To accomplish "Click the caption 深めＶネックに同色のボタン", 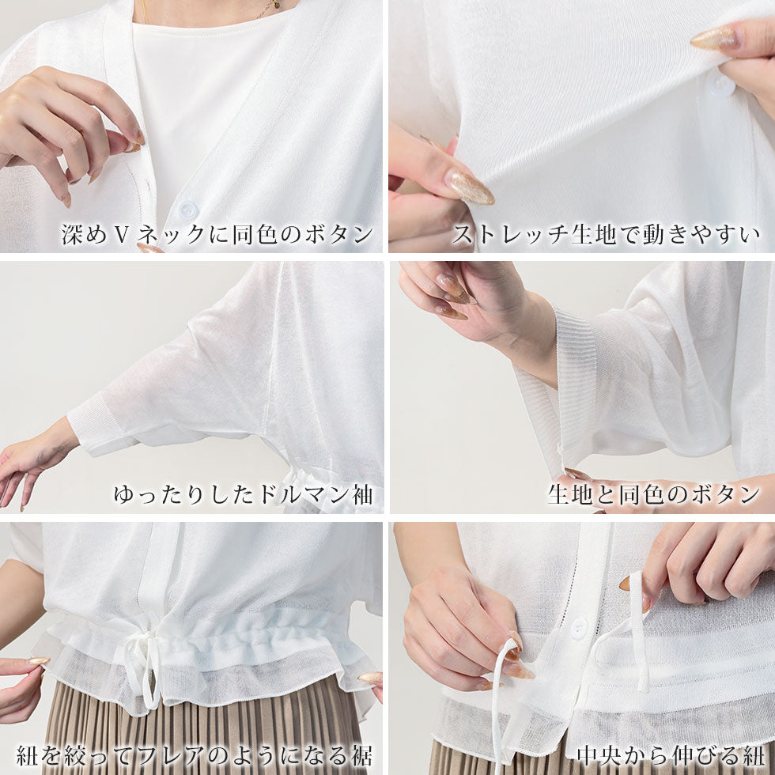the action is pyautogui.click(x=217, y=234).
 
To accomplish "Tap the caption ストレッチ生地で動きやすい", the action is pyautogui.click(x=606, y=234).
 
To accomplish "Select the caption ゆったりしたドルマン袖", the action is pyautogui.click(x=244, y=494).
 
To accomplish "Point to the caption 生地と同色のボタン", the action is pyautogui.click(x=653, y=494).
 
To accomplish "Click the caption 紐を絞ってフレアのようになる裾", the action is pyautogui.click(x=195, y=755).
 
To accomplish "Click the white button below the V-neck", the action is pyautogui.click(x=187, y=210).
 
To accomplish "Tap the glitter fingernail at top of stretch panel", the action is pyautogui.click(x=713, y=37).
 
